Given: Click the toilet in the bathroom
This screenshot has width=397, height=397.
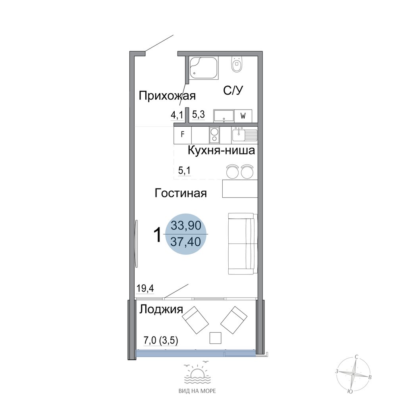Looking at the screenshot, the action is click(237, 64).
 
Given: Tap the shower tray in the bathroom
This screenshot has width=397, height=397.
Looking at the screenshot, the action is click(204, 68).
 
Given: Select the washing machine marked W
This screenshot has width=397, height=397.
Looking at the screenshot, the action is click(243, 116).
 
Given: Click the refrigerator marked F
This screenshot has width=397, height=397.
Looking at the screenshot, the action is click(183, 134).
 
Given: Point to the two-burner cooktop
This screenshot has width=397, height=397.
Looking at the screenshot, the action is click(214, 135).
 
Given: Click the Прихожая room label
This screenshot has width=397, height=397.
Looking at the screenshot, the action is click(167, 96).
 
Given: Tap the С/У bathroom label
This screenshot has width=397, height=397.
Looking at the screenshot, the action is click(233, 91).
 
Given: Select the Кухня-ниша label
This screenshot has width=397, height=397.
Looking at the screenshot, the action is click(221, 150).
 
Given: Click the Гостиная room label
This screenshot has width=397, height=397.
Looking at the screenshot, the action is click(181, 193).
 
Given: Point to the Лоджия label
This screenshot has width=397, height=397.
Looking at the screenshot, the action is click(161, 309).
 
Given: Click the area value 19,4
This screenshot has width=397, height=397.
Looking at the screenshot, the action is click(145, 288).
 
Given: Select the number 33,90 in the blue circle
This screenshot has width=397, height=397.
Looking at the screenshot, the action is click(186, 225).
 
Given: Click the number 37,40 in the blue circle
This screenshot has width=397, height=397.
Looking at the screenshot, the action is click(186, 242).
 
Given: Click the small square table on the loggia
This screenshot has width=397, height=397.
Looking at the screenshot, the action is click(216, 338).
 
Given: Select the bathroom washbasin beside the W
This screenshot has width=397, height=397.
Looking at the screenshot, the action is click(224, 116).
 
